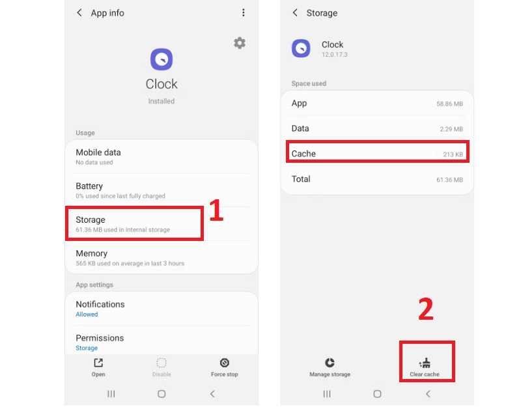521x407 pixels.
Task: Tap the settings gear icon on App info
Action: point(240,43)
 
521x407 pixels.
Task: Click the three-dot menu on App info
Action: point(244,12)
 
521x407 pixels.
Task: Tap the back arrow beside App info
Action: point(79,12)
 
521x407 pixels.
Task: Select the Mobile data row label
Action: point(98,152)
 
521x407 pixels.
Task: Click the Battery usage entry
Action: point(89,186)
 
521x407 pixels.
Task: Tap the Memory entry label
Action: point(91,253)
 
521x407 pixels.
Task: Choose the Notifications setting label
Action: point(100,304)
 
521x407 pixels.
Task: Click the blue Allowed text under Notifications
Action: point(87,315)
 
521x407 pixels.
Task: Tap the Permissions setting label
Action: point(100,338)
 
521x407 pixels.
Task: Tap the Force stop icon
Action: point(224,363)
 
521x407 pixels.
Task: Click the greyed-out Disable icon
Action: point(162,363)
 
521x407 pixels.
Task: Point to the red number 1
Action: point(216,212)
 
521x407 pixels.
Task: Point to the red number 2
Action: point(425,310)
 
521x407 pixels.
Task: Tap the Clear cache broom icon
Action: point(425,363)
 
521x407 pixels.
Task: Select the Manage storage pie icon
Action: point(330,363)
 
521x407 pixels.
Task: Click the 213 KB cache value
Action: point(453,154)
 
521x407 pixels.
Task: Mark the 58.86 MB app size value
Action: point(449,104)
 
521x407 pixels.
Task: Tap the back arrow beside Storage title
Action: point(295,12)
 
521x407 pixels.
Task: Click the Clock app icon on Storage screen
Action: point(301,48)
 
